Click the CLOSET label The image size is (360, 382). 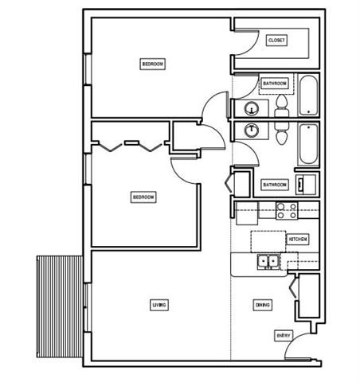click(276, 40)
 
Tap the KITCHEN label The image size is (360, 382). click(297, 239)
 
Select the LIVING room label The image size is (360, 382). click(159, 305)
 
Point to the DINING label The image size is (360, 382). click(263, 305)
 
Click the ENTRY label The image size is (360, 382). click(284, 336)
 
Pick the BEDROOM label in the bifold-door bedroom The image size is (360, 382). click(143, 197)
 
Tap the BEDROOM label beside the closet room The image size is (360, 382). click(153, 64)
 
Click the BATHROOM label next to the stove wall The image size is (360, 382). click(274, 185)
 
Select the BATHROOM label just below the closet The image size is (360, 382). click(274, 82)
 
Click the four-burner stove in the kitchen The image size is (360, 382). click(287, 210)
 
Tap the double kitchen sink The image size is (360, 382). click(268, 261)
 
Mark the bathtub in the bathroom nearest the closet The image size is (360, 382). click(308, 95)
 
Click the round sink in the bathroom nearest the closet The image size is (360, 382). click(252, 108)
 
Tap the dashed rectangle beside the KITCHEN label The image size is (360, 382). click(268, 241)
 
